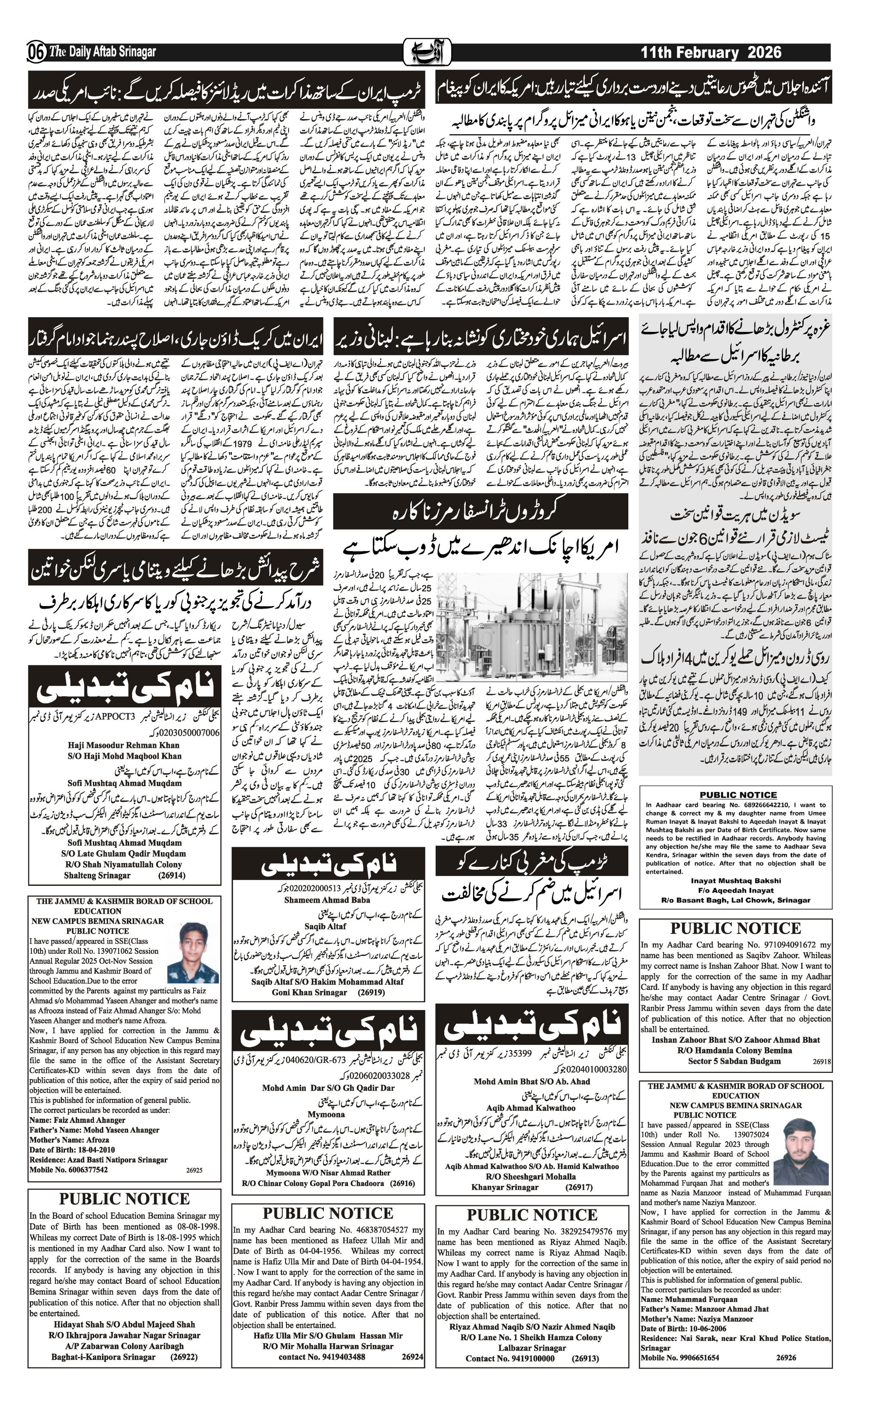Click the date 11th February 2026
click(710, 52)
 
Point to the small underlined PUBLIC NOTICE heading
click(738, 795)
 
